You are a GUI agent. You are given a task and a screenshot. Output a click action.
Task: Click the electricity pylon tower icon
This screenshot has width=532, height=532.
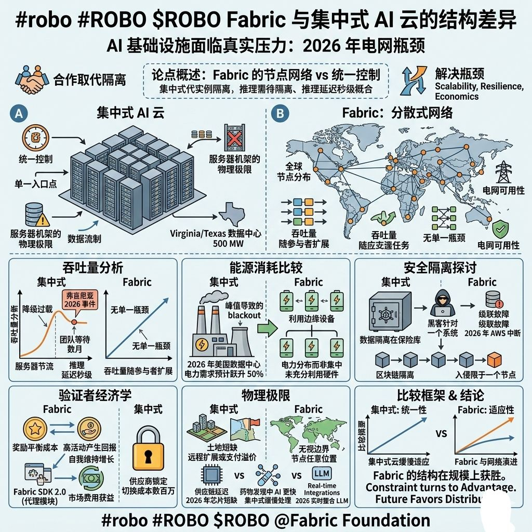point(502,172)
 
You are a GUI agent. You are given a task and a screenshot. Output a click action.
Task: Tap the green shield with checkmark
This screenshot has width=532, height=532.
point(499,228)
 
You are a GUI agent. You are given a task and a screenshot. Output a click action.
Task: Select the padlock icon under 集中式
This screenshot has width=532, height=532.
point(148,448)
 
